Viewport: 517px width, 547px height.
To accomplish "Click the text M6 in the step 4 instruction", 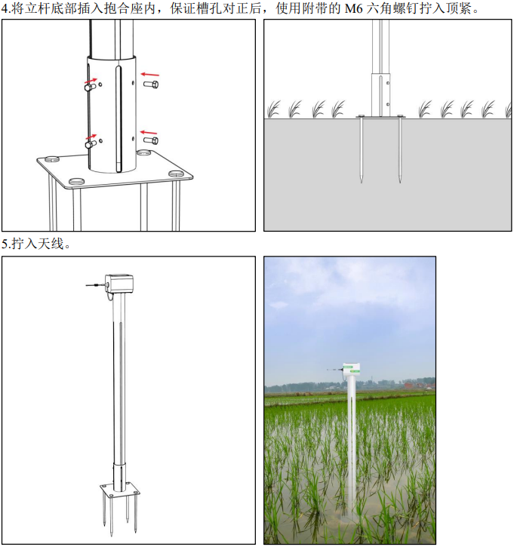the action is click(354, 8).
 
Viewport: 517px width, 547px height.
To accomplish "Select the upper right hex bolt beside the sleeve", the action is click(151, 84).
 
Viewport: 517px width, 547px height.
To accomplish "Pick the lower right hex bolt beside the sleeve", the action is click(151, 140).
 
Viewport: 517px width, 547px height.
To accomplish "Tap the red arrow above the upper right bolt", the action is click(149, 74).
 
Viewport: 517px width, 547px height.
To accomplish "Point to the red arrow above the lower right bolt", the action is click(149, 133).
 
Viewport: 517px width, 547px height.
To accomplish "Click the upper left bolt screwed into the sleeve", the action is click(90, 86).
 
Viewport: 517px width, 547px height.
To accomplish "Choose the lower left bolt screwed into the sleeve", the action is click(91, 143).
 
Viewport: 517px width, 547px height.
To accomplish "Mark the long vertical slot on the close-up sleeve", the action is click(119, 118).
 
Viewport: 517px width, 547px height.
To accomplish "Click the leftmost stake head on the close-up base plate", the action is click(51, 159).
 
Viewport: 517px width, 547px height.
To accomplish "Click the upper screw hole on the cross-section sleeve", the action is click(388, 83).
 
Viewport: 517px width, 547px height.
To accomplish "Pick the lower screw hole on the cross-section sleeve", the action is click(388, 104).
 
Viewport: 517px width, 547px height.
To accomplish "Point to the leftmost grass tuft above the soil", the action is click(274, 109).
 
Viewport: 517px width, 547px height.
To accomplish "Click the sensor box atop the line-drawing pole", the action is click(119, 284).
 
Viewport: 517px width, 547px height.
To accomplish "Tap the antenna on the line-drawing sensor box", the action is click(96, 285).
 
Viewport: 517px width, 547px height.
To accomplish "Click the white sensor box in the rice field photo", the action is click(352, 372).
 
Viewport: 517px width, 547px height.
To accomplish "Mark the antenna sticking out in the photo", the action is click(335, 369).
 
